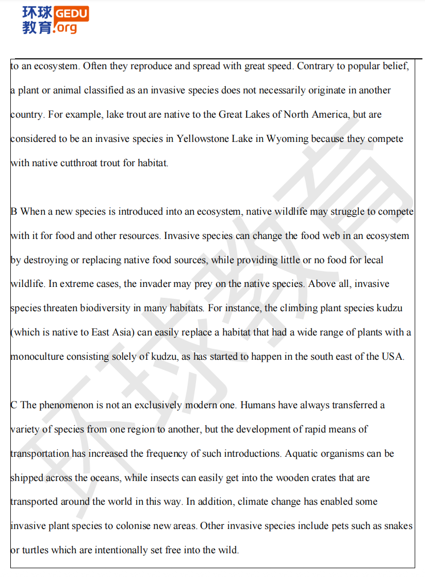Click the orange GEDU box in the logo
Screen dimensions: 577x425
pyautogui.click(x=71, y=13)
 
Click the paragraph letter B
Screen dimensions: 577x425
pyautogui.click(x=14, y=212)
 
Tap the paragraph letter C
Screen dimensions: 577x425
pyautogui.click(x=14, y=405)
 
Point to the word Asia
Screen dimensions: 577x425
pyautogui.click(x=122, y=332)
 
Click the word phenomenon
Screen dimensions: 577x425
pyautogui.click(x=67, y=405)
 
